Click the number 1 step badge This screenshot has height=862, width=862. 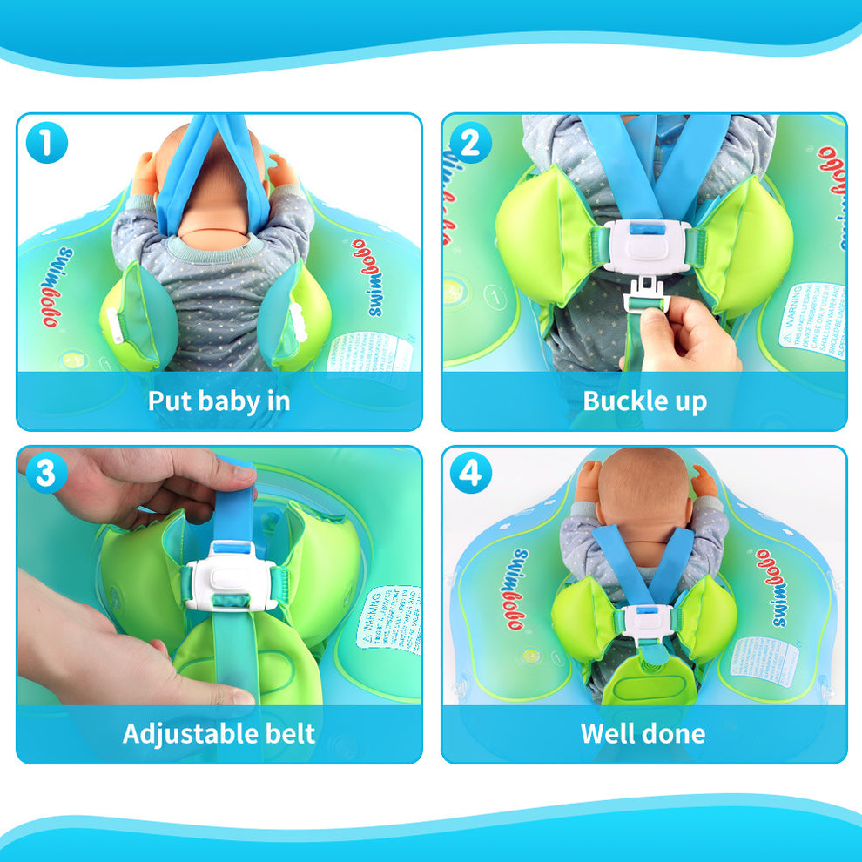pyautogui.click(x=46, y=143)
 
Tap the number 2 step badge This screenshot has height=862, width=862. pyautogui.click(x=470, y=143)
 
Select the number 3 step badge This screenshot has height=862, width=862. pyautogui.click(x=46, y=475)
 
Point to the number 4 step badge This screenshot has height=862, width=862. pyautogui.click(x=470, y=475)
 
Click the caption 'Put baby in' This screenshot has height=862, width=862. pyautogui.click(x=219, y=401)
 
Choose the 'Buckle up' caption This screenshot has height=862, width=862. pyautogui.click(x=644, y=401)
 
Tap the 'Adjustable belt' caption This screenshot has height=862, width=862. pyautogui.click(x=219, y=732)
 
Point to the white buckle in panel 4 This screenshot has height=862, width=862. pyautogui.click(x=644, y=621)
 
